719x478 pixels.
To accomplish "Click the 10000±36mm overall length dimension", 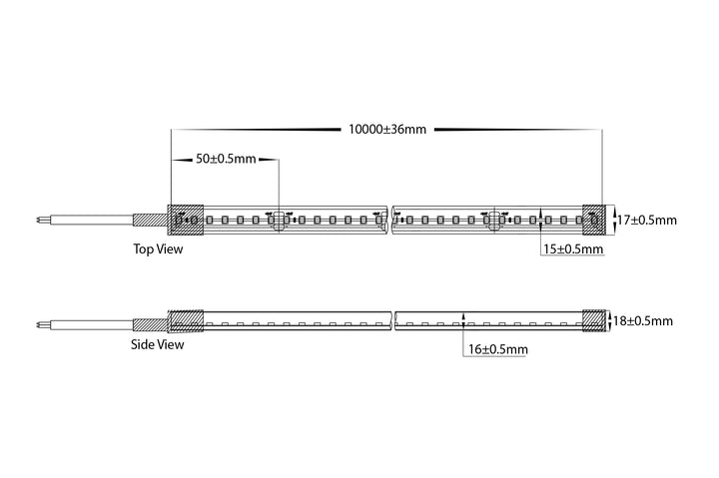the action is click(387, 130).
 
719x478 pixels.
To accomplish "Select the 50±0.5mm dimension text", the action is click(226, 159).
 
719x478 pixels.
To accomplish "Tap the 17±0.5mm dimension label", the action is click(646, 220).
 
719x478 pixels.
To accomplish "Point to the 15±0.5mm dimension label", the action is click(573, 249).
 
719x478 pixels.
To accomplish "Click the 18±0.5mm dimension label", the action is click(643, 320).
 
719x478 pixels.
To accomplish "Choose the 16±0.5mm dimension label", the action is click(497, 349).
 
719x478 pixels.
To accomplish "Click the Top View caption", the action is click(158, 248).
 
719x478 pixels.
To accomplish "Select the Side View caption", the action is click(158, 344).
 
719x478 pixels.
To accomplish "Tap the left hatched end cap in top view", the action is click(186, 220).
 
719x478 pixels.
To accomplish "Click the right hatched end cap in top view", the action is click(594, 220).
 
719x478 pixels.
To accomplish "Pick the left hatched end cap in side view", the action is click(186, 320).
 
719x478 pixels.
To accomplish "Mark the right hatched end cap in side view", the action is click(594, 320).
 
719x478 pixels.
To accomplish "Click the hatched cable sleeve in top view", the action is click(150, 220).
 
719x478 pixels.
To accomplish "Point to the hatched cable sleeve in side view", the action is click(150, 325).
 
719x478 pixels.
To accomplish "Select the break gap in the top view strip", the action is click(389, 220).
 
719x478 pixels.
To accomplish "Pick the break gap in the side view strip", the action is click(393, 320).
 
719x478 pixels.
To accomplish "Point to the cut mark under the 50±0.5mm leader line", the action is click(279, 220).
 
